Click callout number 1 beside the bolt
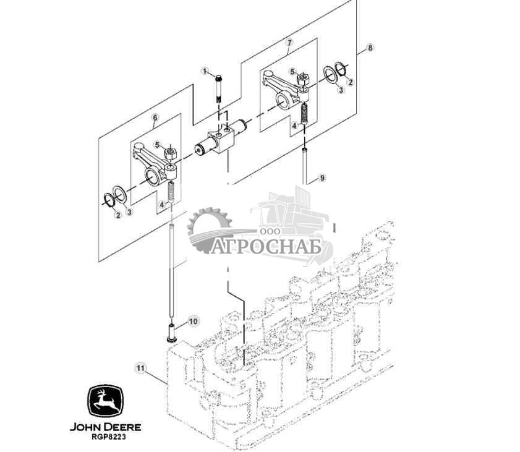click(x=205, y=71)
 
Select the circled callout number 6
click(x=155, y=117)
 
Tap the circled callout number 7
click(x=289, y=43)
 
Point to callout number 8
click(x=370, y=48)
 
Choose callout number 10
click(x=192, y=321)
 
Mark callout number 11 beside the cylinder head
click(x=140, y=369)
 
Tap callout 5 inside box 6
click(x=158, y=145)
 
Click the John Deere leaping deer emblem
click(x=106, y=403)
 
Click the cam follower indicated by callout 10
click(x=171, y=335)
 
